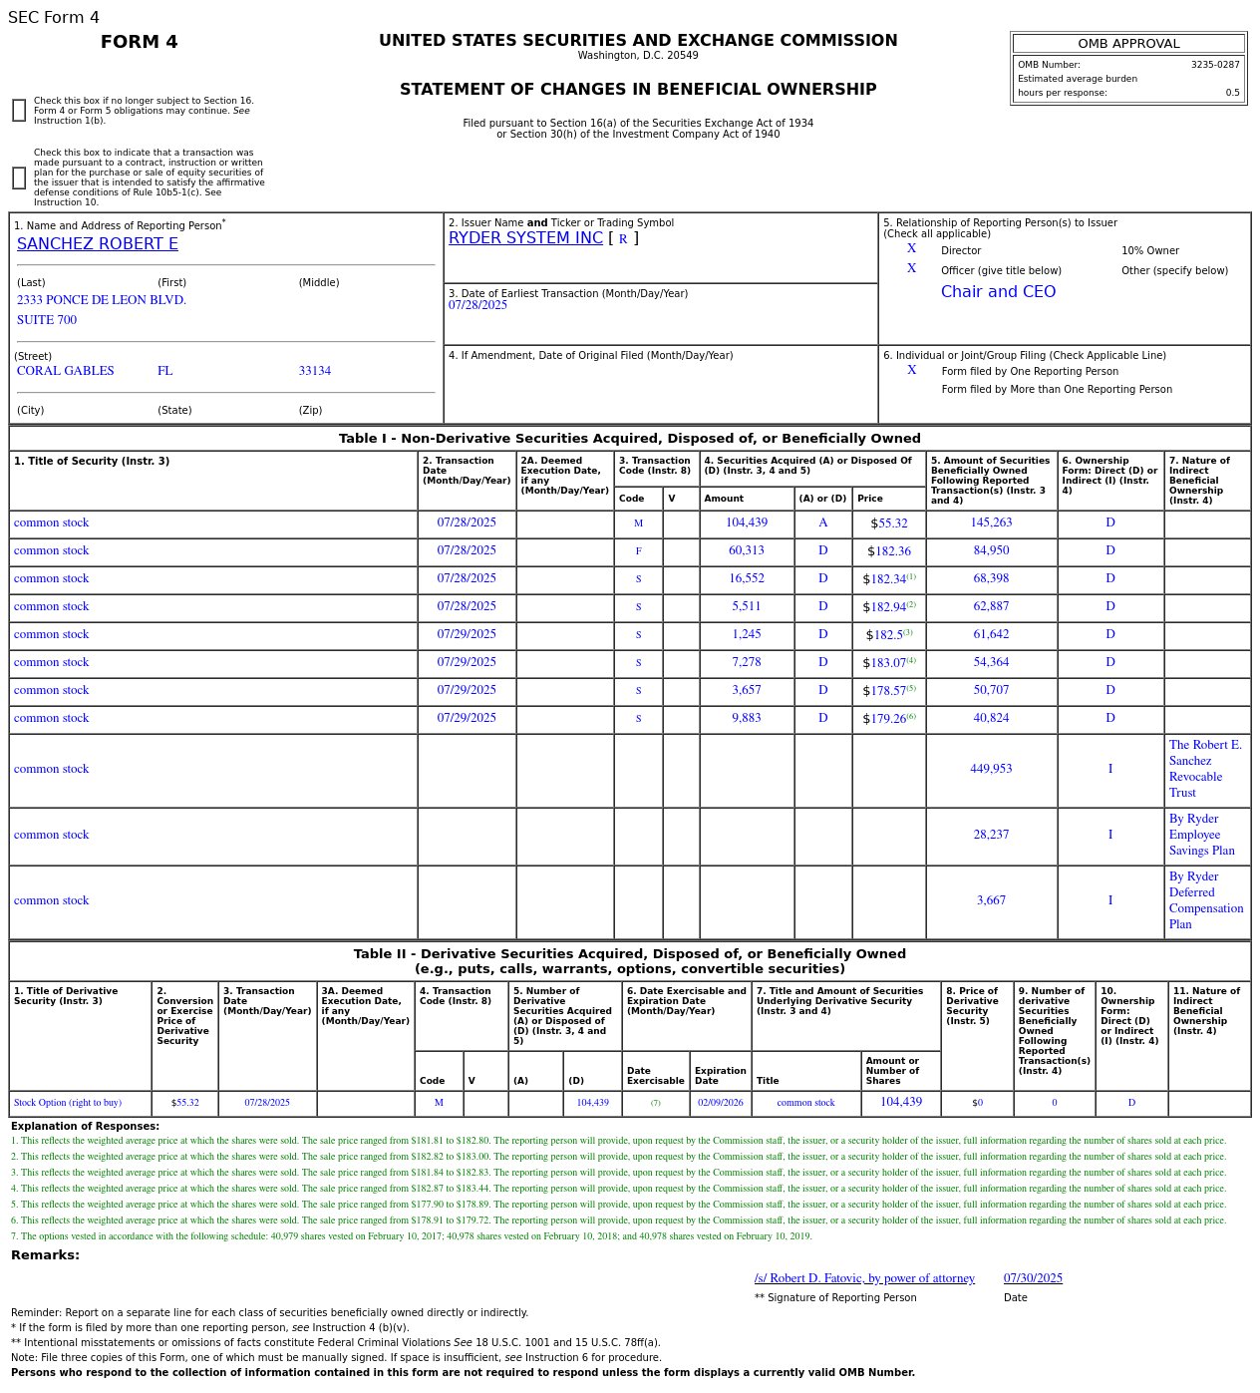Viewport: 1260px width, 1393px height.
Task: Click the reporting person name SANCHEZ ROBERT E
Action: [97, 244]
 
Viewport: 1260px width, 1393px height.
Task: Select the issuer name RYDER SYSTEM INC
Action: [525, 238]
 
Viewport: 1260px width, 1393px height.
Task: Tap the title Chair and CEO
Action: [998, 292]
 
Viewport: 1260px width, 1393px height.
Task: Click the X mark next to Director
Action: [911, 249]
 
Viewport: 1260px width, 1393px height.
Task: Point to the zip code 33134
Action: [314, 371]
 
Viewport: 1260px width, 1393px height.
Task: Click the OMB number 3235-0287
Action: [1214, 65]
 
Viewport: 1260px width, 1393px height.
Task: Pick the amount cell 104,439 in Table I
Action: [747, 523]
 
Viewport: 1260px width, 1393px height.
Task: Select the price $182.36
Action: [888, 551]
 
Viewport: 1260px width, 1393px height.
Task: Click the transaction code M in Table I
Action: [638, 523]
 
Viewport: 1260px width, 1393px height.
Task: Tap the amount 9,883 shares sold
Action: [747, 719]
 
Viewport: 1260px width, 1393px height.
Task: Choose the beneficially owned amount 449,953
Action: [991, 769]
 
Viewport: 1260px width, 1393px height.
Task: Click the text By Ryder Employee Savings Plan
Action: [1201, 835]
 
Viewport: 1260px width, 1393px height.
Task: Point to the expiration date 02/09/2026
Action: [720, 1103]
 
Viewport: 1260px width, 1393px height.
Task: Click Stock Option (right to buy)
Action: [68, 1103]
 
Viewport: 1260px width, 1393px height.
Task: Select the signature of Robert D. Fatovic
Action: [864, 1278]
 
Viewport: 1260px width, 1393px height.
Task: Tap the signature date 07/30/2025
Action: [1033, 1278]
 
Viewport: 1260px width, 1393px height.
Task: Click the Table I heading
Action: [629, 439]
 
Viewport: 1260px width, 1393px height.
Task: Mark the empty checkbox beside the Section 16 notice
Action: [19, 111]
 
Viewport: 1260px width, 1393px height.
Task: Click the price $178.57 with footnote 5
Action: [888, 691]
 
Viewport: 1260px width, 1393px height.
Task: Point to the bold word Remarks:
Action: [45, 1255]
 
